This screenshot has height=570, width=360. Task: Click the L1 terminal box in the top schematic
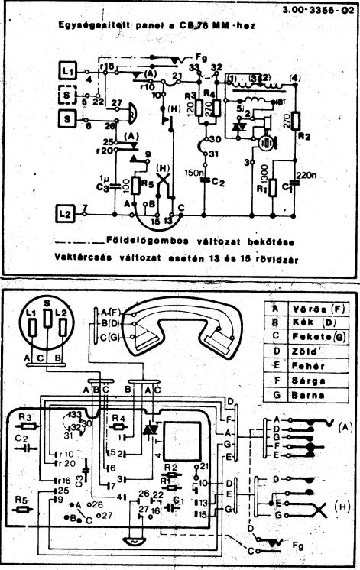(x=69, y=70)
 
